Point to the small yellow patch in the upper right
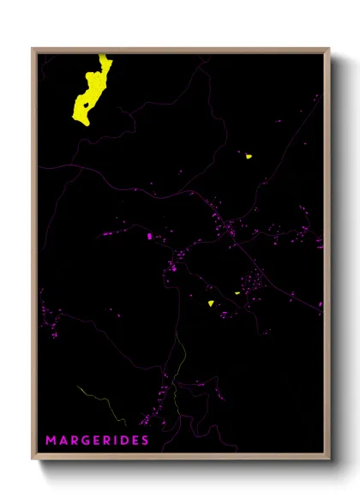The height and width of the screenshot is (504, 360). (247, 156)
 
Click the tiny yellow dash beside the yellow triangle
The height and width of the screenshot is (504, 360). (237, 292)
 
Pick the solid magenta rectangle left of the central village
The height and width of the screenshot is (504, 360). (149, 235)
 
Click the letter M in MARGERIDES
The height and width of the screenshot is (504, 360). (51, 441)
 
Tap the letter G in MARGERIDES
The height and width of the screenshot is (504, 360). (87, 441)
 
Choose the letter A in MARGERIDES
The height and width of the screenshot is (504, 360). (63, 441)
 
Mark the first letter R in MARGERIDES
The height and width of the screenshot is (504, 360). (75, 441)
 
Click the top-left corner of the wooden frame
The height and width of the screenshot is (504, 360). (33, 49)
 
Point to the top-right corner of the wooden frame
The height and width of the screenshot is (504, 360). (328, 49)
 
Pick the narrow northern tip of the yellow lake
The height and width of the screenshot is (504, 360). (104, 57)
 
